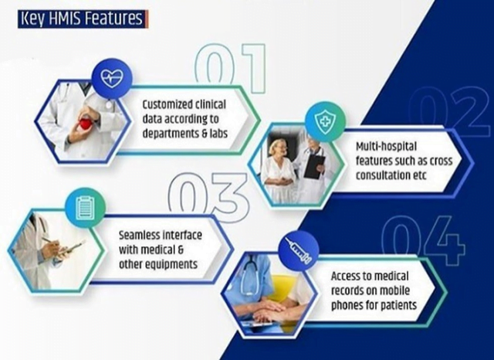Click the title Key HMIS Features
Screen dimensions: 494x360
[83, 19]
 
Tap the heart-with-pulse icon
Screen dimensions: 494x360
[112, 78]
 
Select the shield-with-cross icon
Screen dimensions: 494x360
[325, 122]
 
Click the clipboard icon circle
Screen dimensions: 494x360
[85, 208]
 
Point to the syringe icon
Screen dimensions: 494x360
[299, 251]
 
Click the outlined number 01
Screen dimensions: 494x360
[230, 68]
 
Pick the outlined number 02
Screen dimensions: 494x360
[449, 111]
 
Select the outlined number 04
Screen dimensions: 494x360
[423, 240]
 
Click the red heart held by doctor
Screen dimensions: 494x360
[85, 124]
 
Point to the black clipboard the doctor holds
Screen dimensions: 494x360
[314, 167]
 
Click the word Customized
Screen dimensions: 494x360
[164, 104]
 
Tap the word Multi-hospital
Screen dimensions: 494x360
[386, 147]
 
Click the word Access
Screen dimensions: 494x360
[345, 276]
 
